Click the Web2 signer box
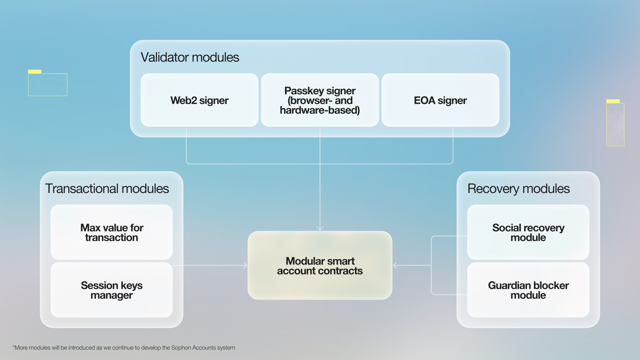pyautogui.click(x=200, y=100)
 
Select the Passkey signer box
pyautogui.click(x=320, y=100)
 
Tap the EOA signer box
pyautogui.click(x=440, y=100)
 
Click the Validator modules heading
pyautogui.click(x=190, y=57)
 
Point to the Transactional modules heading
pyautogui.click(x=107, y=188)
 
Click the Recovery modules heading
pyautogui.click(x=518, y=188)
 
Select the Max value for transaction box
pyautogui.click(x=112, y=232)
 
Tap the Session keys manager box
pyautogui.click(x=112, y=290)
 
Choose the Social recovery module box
pyautogui.click(x=528, y=232)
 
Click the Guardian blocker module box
pyautogui.click(x=528, y=290)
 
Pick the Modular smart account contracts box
pyautogui.click(x=320, y=265)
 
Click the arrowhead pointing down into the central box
pyautogui.click(x=320, y=228)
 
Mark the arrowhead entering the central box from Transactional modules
pyautogui.click(x=246, y=265)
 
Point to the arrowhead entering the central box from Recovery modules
pyautogui.click(x=395, y=265)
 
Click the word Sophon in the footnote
pyautogui.click(x=181, y=348)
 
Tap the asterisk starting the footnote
pyautogui.click(x=14, y=346)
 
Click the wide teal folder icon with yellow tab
pyautogui.click(x=48, y=83)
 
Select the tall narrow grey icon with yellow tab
pyautogui.click(x=615, y=123)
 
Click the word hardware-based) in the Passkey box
pyautogui.click(x=320, y=110)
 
